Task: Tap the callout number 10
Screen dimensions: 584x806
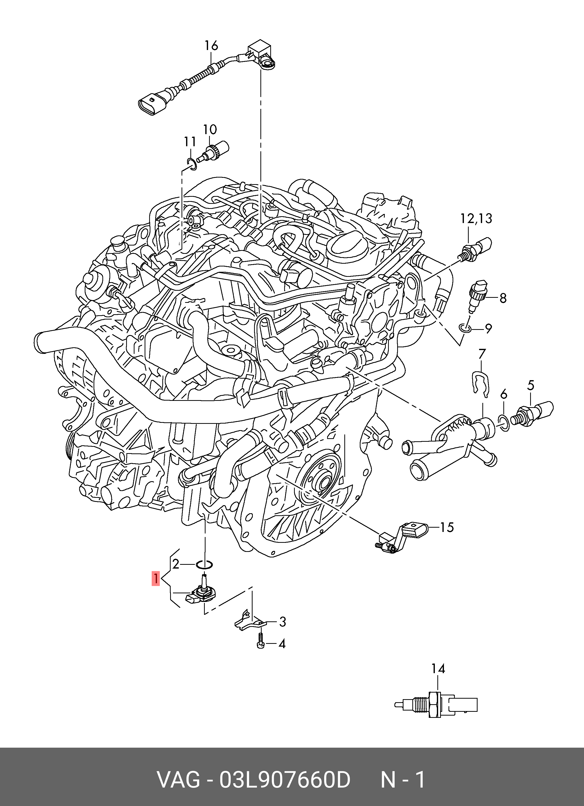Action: coord(210,129)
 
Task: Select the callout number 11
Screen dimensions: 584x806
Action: coord(190,142)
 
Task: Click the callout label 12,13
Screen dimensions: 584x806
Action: coord(476,218)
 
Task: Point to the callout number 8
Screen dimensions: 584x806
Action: coord(503,298)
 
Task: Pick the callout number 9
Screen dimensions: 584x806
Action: coord(489,329)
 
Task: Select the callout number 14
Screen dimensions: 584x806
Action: coord(438,669)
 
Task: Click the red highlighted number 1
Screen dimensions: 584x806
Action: coord(155,578)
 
